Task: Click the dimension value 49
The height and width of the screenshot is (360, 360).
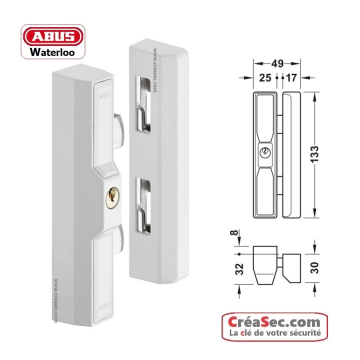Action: click(x=277, y=64)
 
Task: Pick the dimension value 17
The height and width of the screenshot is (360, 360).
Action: click(x=292, y=78)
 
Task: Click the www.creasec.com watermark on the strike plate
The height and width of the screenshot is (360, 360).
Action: click(x=155, y=72)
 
